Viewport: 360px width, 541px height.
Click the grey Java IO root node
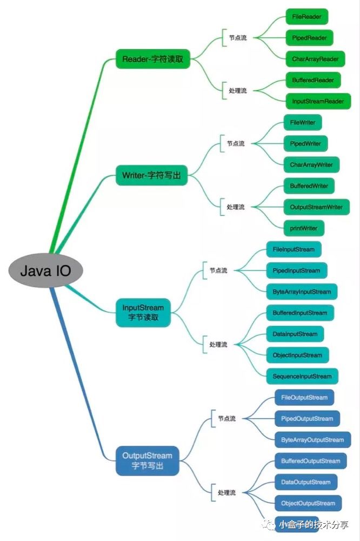point(45,270)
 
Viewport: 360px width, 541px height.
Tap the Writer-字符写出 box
point(151,175)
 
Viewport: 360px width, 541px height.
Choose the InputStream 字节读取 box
point(143,313)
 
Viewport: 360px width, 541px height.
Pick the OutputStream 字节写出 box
point(148,460)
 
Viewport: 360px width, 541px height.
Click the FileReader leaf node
point(306,17)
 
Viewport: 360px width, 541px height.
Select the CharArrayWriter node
point(311,164)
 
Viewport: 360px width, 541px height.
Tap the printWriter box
point(303,228)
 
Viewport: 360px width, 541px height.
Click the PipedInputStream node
point(296,270)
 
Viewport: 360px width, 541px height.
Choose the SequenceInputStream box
point(302,376)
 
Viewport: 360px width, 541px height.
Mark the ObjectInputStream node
point(297,355)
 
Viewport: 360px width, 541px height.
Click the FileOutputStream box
point(304,397)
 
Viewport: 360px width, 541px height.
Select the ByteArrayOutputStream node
point(312,439)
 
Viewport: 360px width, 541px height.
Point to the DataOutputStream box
point(305,481)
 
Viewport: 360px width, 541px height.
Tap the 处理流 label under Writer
point(235,207)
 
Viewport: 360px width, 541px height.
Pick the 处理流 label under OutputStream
point(226,493)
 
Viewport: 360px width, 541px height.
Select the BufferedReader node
point(313,80)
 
